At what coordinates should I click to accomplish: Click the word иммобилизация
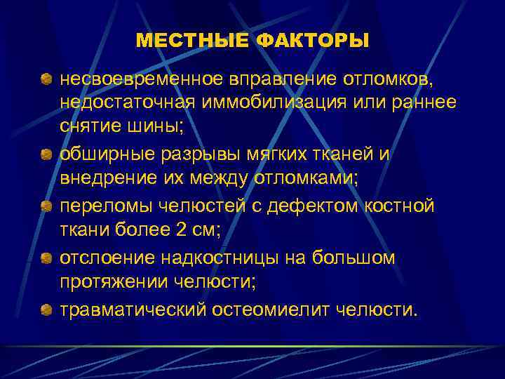pos(283,102)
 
